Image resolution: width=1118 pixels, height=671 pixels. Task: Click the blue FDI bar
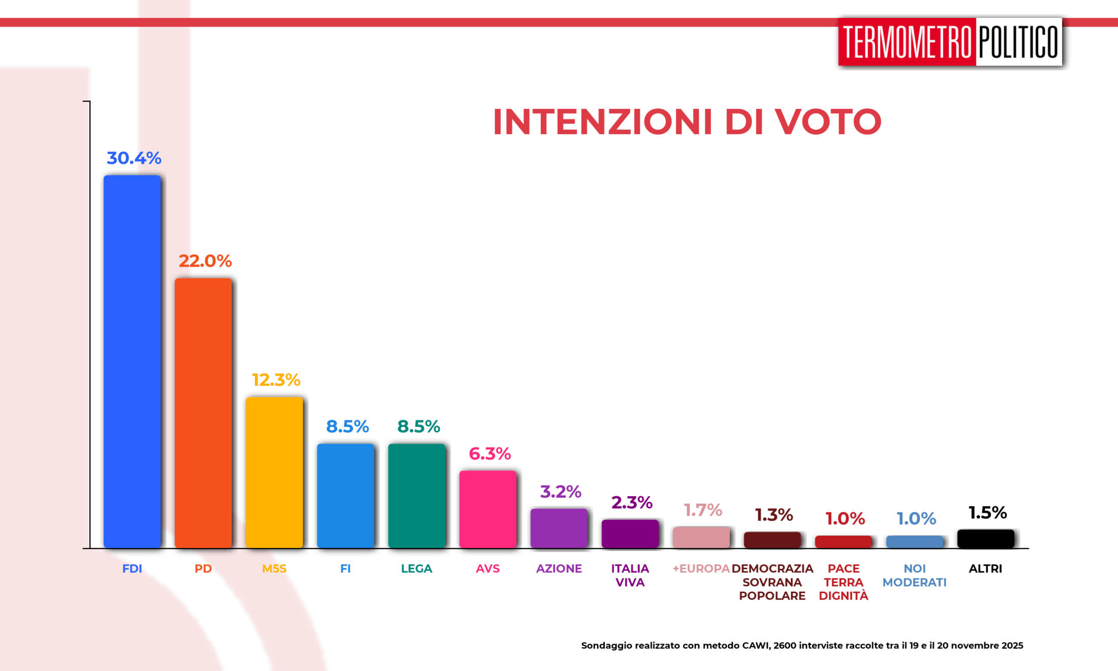tap(132, 361)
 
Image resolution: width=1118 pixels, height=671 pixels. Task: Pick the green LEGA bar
tap(417, 496)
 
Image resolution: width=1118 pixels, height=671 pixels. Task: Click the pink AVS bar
tap(488, 509)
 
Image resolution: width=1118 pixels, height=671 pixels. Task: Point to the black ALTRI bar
tap(986, 539)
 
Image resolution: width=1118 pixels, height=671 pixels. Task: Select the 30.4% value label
tap(134, 158)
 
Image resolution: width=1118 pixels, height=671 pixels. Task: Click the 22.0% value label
tap(205, 261)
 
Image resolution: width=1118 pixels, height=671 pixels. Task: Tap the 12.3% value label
tap(276, 380)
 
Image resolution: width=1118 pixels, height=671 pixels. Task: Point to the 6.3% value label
tap(490, 453)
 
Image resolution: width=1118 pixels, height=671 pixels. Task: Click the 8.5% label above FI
tap(348, 426)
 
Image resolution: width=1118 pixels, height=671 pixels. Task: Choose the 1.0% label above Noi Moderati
tap(916, 518)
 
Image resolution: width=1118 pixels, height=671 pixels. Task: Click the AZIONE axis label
tap(559, 568)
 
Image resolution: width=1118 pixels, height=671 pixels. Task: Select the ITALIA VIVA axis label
tap(630, 575)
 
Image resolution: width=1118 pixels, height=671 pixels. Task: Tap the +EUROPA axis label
tap(701, 568)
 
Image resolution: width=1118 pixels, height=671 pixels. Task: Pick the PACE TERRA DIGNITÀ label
tap(844, 582)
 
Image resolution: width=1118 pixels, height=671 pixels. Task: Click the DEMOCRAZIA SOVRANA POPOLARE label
tap(772, 582)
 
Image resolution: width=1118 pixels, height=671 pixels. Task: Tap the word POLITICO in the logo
tap(1018, 42)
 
